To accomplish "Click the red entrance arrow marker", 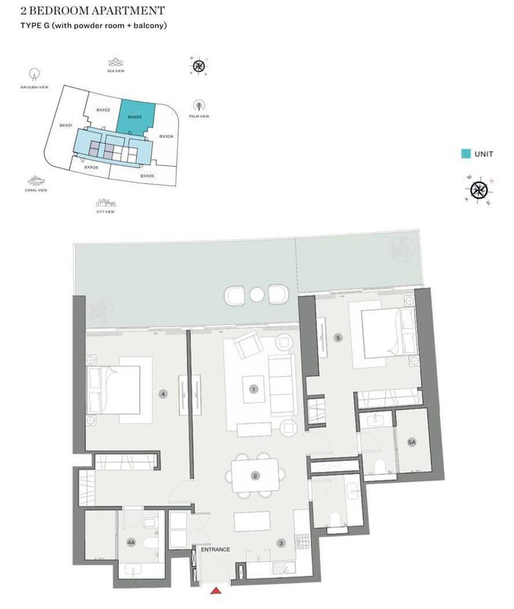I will (x=216, y=590).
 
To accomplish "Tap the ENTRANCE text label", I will (x=214, y=550).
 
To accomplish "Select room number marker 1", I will (x=254, y=388).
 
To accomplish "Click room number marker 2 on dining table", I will (x=255, y=477).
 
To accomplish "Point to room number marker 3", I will (x=281, y=543).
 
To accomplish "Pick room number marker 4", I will (x=163, y=394).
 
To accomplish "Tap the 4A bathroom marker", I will (x=131, y=543).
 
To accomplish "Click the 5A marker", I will (x=412, y=442).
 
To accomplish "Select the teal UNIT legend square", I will (x=465, y=154).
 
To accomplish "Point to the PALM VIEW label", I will (x=198, y=119).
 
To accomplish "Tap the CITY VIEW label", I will (x=105, y=212).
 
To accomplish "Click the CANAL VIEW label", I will (x=35, y=190).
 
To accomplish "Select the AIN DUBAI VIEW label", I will (x=33, y=88).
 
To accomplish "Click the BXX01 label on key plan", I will (x=66, y=125).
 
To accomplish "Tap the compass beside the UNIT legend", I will (x=479, y=190).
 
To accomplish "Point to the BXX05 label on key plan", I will (x=148, y=176).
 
